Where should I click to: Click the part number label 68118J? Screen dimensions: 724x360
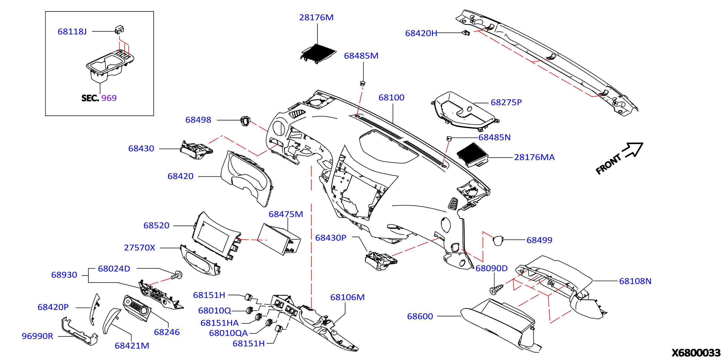72,32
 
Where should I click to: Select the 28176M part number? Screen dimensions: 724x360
316,17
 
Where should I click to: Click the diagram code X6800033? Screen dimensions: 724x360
696,353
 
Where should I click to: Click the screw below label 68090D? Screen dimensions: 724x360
496,289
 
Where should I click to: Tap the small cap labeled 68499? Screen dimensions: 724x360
498,241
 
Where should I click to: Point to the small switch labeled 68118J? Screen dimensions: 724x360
120,30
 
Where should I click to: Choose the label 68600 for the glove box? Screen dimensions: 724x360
420,316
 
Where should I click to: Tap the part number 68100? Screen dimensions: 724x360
391,98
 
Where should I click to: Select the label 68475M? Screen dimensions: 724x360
286,214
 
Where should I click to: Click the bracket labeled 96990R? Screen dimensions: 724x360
80,331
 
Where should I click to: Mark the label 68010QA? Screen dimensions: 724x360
228,333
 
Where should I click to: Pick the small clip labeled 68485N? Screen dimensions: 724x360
449,138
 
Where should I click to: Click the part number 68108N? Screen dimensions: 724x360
635,281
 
